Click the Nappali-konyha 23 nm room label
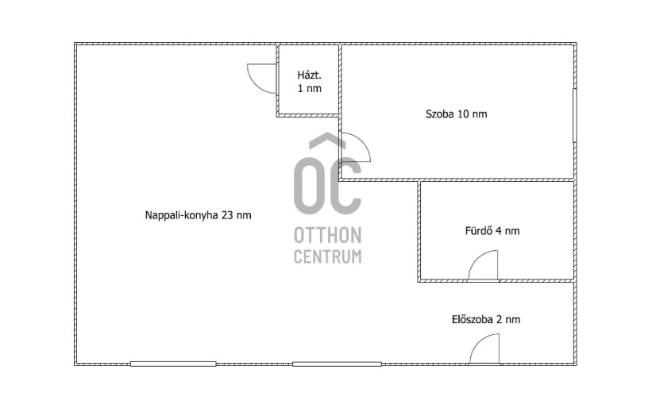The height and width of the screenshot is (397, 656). point(198,215)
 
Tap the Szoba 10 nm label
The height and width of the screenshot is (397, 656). point(456,114)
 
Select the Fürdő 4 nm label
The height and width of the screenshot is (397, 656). point(492,230)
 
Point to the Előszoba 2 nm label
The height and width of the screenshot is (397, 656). point(486,320)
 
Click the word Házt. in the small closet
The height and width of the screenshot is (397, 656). point(309,75)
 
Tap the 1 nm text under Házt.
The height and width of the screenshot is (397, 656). point(309,89)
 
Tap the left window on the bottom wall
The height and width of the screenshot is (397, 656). point(173,364)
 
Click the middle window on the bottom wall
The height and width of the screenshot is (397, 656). point(337,364)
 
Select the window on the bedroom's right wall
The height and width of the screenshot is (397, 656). point(574,115)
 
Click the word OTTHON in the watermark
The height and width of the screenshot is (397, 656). point(327,236)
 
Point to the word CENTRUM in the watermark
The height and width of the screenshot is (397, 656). point(327,256)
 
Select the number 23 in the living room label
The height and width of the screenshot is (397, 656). point(227,215)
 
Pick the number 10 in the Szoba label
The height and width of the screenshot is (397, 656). point(463,114)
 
